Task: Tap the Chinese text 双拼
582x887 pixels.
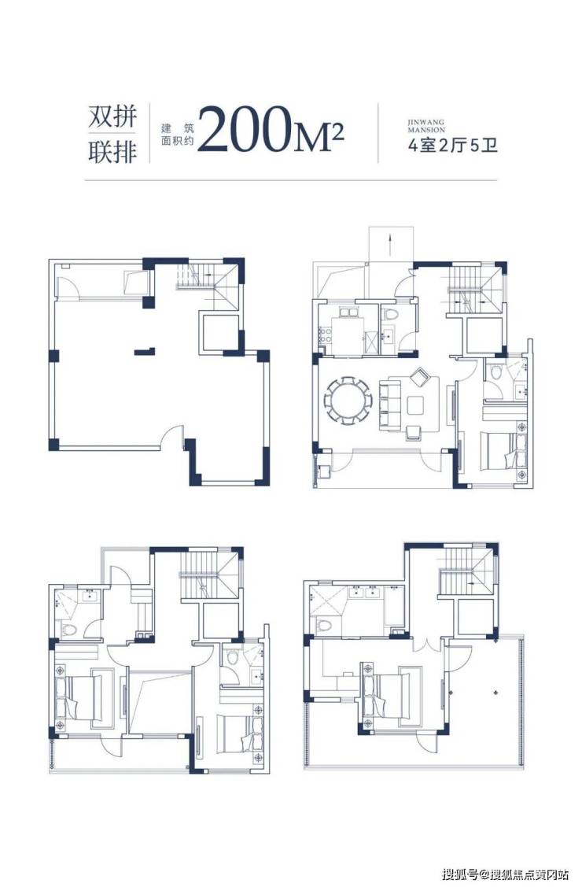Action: click(113, 117)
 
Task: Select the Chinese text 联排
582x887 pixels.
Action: click(113, 152)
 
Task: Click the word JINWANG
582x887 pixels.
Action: click(426, 122)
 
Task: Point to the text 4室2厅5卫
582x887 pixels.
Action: click(453, 146)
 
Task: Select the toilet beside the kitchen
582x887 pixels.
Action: click(390, 314)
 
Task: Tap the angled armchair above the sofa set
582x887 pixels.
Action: click(421, 375)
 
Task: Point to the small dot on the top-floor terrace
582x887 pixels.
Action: click(495, 690)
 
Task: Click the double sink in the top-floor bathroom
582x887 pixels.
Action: click(365, 592)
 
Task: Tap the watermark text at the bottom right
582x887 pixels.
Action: click(506, 874)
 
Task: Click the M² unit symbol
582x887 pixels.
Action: click(318, 138)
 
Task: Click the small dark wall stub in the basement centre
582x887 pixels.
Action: click(144, 352)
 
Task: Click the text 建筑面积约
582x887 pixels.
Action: click(178, 134)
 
